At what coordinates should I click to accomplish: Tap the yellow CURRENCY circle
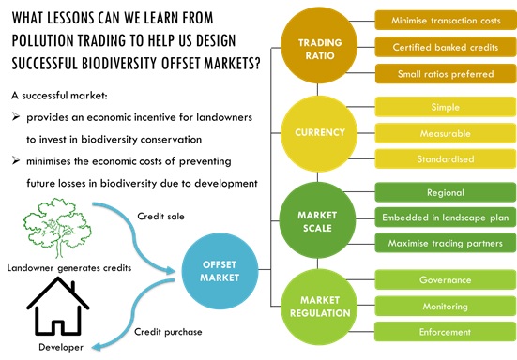(320, 133)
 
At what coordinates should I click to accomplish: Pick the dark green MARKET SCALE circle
(320, 221)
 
